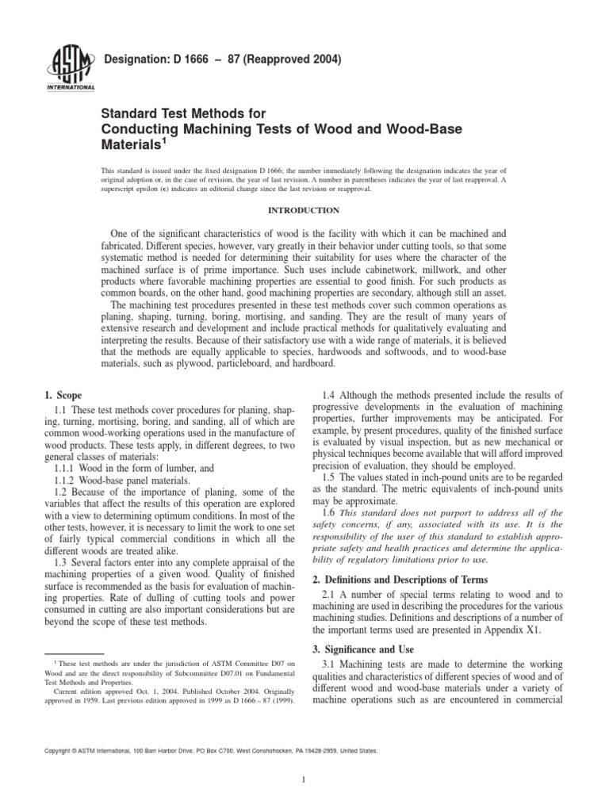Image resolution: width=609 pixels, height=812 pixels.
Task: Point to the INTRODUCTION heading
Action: (x=304, y=210)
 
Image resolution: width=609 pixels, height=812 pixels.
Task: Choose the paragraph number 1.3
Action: (x=59, y=562)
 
